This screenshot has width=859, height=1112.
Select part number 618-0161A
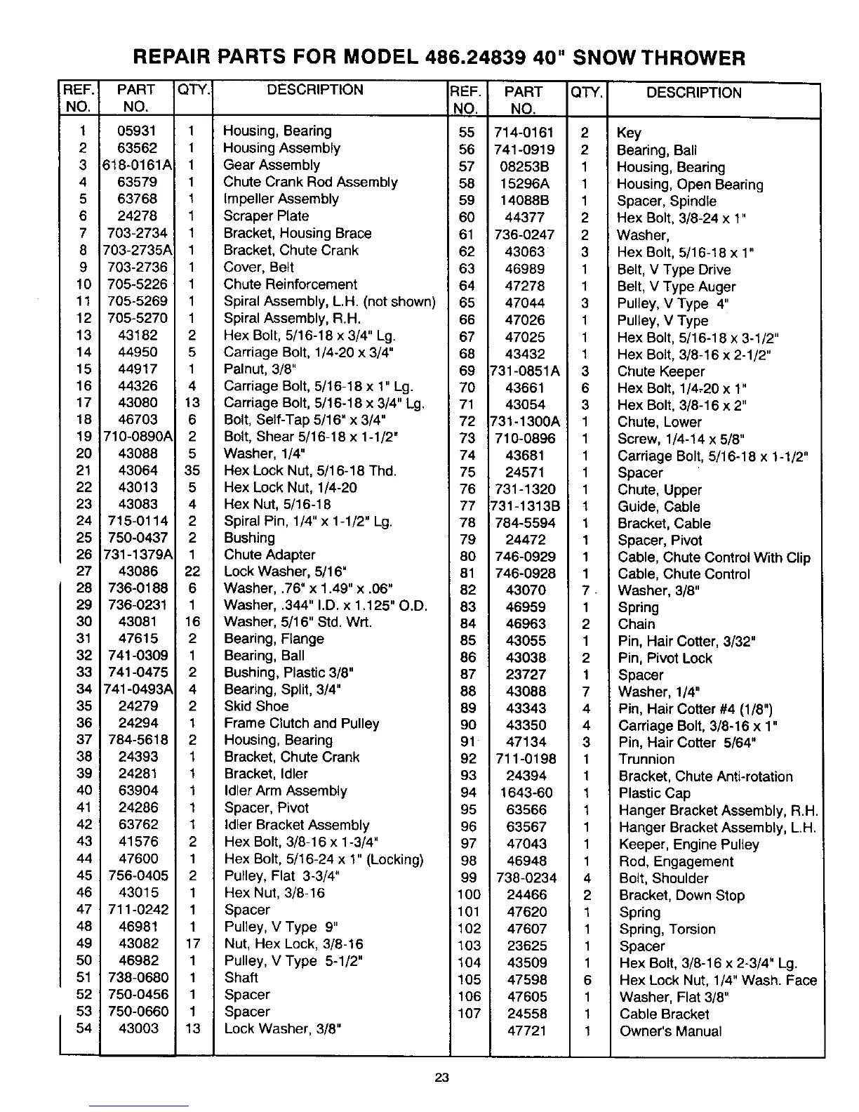[x=138, y=166]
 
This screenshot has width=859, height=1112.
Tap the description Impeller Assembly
[x=281, y=199]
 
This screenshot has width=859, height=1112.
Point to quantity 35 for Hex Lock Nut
[x=192, y=470]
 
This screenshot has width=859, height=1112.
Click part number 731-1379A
[x=138, y=555]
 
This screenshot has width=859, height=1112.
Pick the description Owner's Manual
[x=670, y=1031]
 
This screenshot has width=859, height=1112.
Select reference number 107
[x=469, y=1014]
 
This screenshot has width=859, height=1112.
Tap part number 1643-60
[x=526, y=793]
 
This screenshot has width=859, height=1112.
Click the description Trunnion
[x=646, y=759]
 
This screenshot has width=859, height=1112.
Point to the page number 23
[x=441, y=1079]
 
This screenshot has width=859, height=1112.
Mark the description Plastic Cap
[x=655, y=793]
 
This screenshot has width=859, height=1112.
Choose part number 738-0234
[x=526, y=878]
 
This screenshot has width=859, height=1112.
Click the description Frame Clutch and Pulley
[x=301, y=723]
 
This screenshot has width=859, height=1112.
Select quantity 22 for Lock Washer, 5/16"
[x=192, y=571]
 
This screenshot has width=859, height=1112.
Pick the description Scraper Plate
[x=266, y=216]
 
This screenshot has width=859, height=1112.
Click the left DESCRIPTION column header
[x=315, y=90]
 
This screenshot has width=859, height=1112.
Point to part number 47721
[x=526, y=1031]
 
